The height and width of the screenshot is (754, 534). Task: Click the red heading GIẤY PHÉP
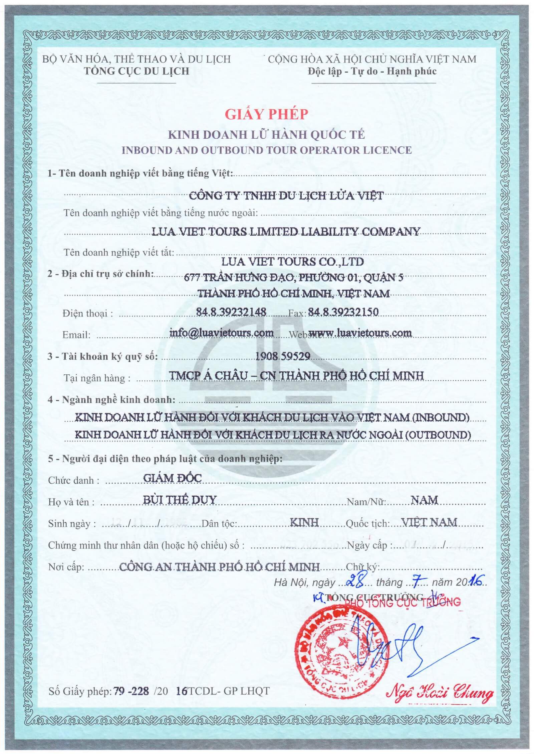tap(266, 114)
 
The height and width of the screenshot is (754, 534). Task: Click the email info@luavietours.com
tap(222, 333)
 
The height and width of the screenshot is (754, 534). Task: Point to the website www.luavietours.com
tap(360, 333)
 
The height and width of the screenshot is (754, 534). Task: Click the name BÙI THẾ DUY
tap(180, 500)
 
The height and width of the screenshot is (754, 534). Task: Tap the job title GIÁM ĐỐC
tap(173, 478)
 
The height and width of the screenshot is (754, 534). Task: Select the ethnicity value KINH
tap(304, 522)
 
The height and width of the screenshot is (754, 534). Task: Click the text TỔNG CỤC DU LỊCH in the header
tap(137, 71)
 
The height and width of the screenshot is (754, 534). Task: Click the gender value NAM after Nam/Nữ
tap(424, 500)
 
